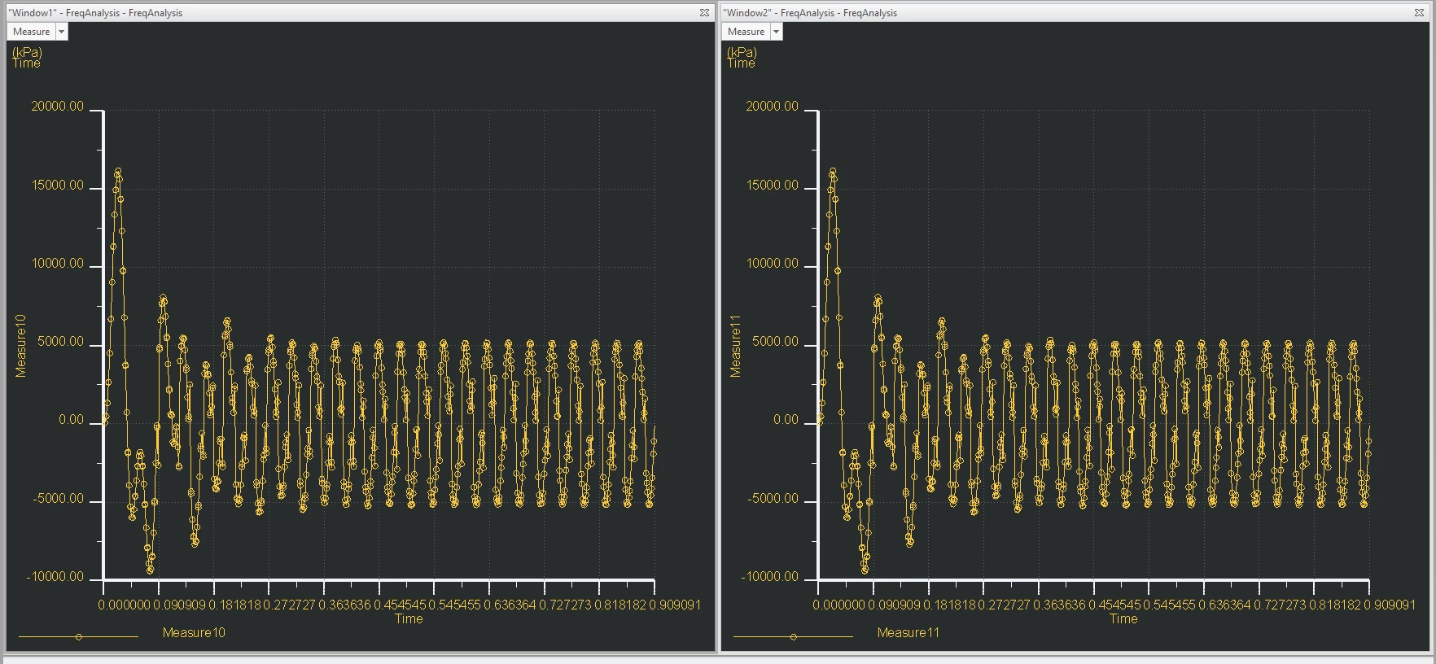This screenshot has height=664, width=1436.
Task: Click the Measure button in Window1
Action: point(31,32)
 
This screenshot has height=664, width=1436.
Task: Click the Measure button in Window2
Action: point(746,32)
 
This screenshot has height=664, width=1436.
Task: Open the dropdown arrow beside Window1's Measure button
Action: point(61,32)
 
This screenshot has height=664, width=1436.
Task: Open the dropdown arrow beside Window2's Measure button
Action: point(776,32)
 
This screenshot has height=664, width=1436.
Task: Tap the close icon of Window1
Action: point(704,12)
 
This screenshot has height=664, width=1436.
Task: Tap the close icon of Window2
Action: point(1419,12)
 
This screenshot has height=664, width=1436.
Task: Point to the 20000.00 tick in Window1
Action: point(57,107)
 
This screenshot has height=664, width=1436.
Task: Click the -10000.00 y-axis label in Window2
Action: point(769,577)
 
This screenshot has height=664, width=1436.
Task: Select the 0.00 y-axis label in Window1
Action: point(71,421)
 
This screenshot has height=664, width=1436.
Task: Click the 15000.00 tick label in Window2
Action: point(772,186)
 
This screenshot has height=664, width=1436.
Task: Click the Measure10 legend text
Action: point(194,633)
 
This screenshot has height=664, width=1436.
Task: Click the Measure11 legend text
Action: point(908,633)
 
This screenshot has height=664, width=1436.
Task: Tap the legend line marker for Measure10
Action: point(78,636)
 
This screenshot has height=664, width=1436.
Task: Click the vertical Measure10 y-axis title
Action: point(21,346)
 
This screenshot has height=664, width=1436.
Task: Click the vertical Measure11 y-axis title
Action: point(736,346)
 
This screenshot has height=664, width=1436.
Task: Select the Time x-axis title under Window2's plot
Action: point(1123,619)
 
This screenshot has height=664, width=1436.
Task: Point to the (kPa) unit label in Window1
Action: point(27,52)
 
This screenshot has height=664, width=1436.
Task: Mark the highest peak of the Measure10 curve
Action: point(118,171)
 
